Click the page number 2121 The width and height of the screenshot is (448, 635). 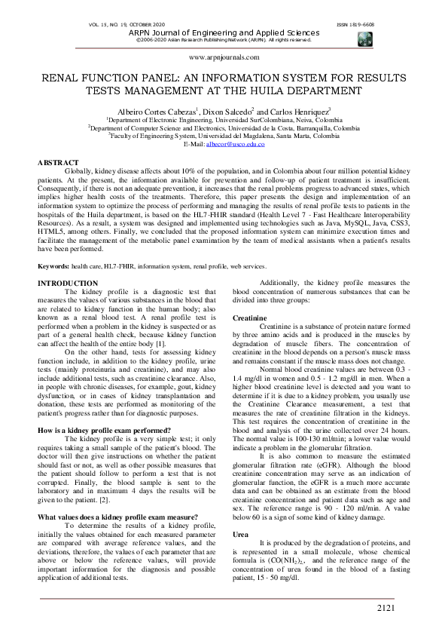[x=385, y=607]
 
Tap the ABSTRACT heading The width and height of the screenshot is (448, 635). [x=58, y=163]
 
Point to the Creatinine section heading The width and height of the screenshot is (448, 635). [x=248, y=319]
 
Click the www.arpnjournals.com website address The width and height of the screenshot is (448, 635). [x=224, y=57]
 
